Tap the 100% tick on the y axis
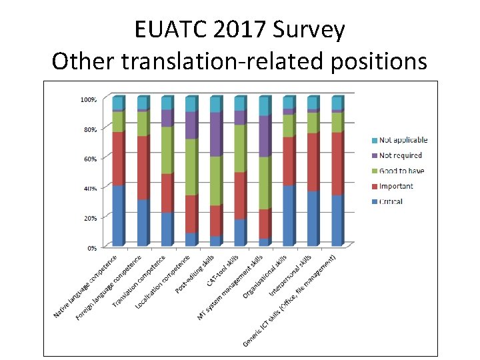(88, 99)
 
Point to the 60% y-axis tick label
(89, 159)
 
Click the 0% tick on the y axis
(91, 247)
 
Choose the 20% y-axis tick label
(89, 218)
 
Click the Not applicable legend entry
(403, 140)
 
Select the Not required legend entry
(400, 155)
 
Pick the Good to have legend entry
(401, 171)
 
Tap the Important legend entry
(396, 186)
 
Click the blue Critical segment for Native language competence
(118, 215)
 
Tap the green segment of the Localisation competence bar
(191, 167)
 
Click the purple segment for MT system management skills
(264, 137)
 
